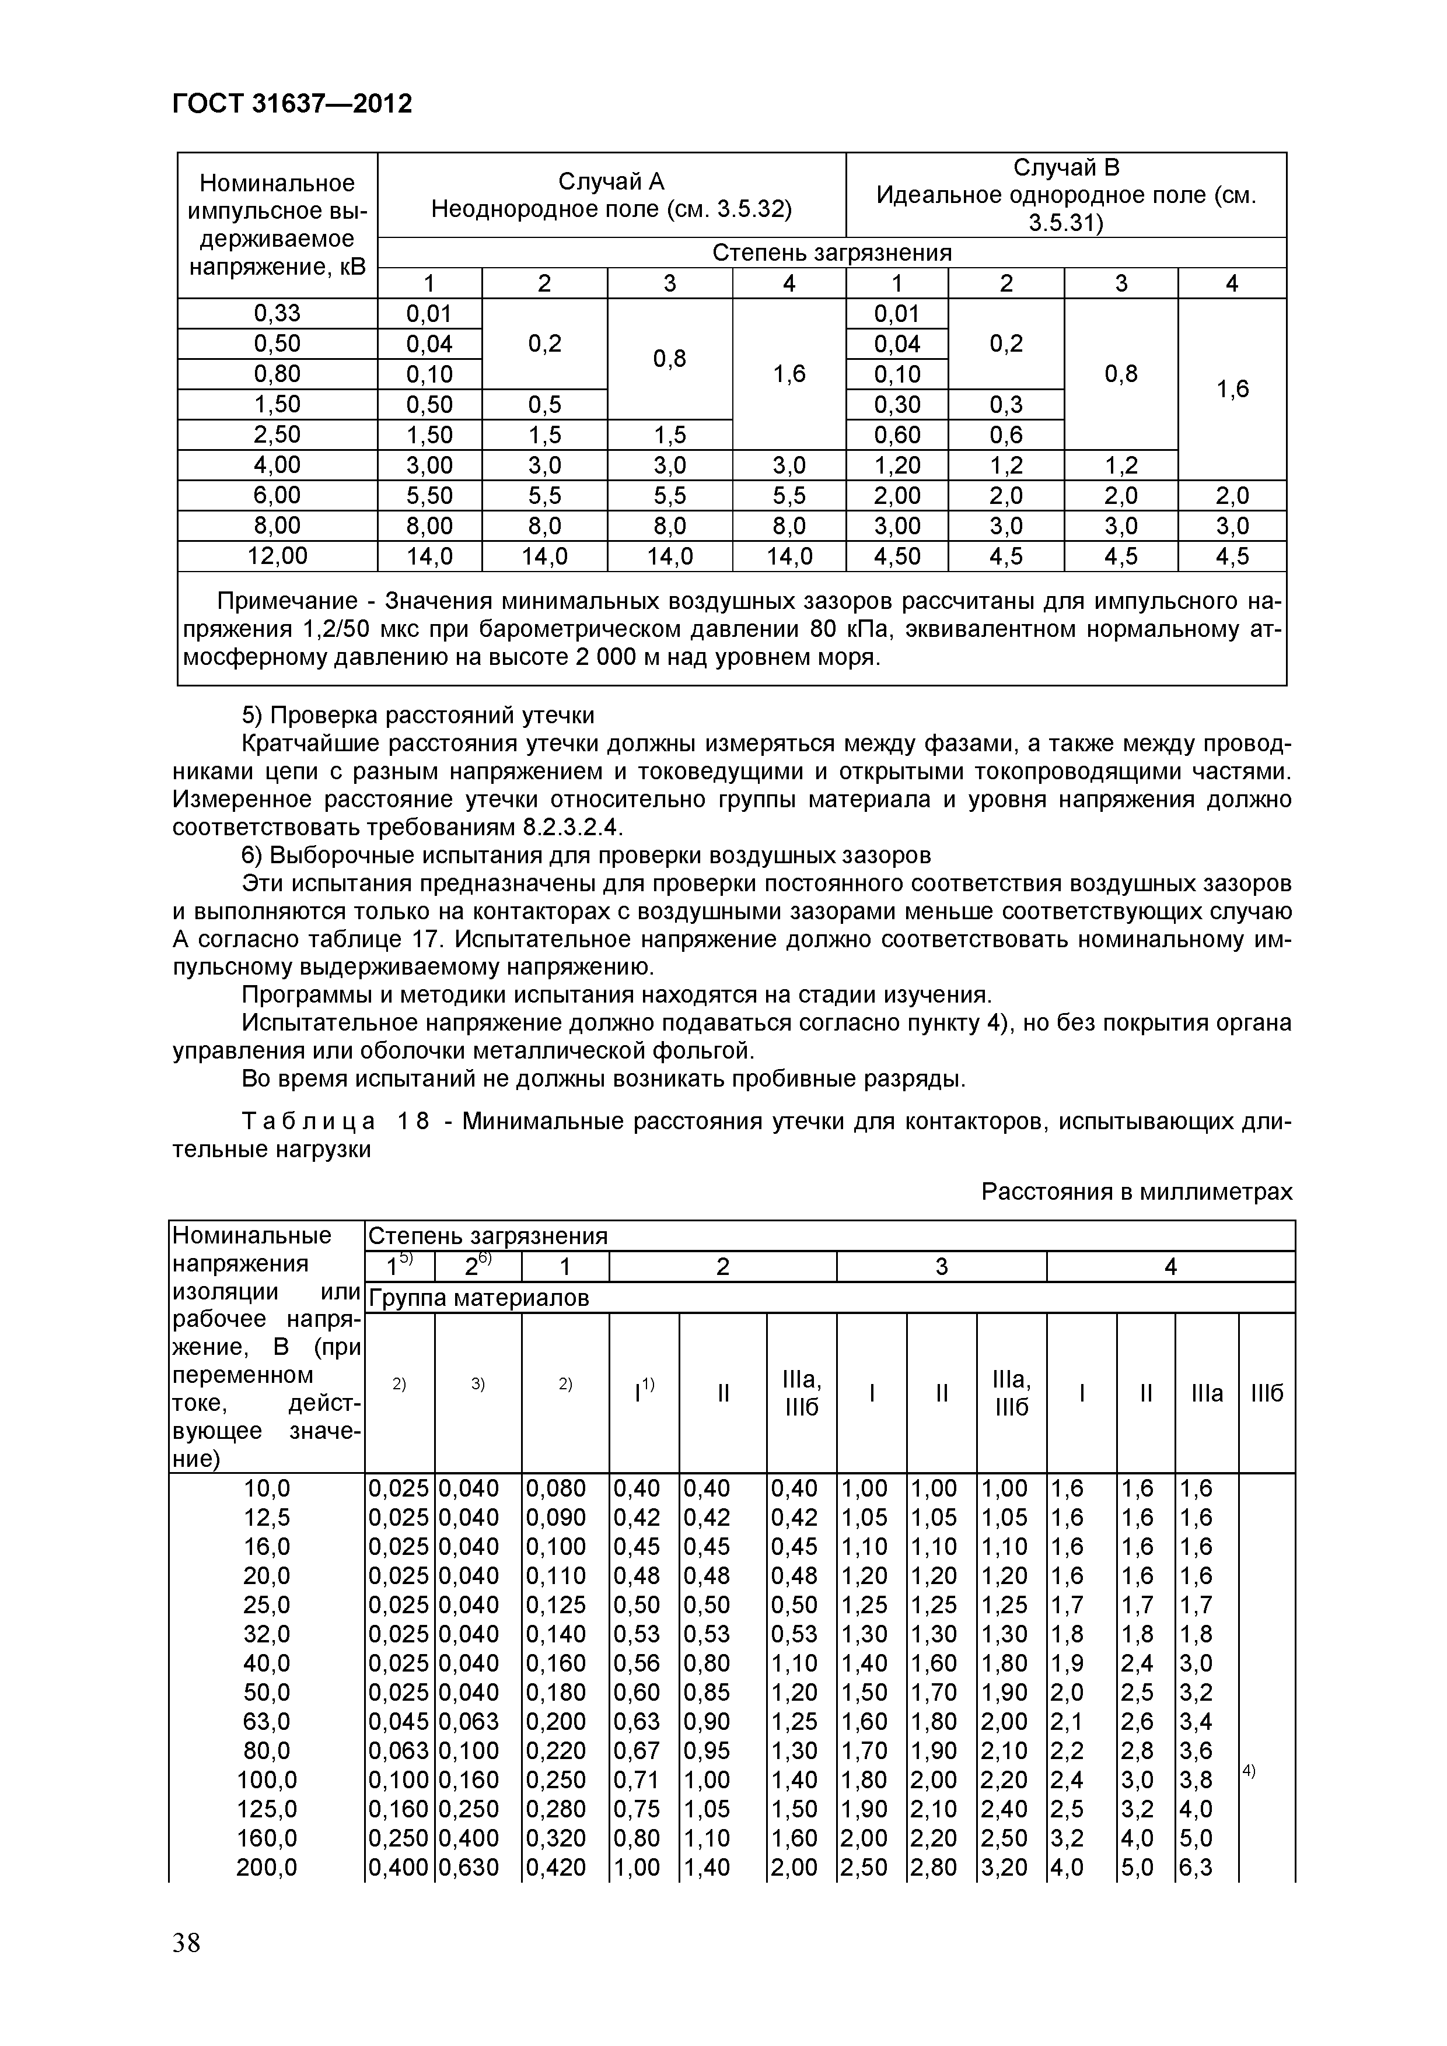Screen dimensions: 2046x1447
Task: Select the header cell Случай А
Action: (x=611, y=182)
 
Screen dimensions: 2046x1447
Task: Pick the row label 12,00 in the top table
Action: (x=277, y=556)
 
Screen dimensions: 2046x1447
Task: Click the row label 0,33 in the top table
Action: (x=277, y=313)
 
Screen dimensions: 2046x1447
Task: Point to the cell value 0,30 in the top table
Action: (x=896, y=405)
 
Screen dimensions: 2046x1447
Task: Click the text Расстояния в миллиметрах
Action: (x=1136, y=1192)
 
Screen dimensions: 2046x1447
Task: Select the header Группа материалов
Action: (x=479, y=1298)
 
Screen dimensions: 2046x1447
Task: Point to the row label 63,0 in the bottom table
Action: (x=267, y=1722)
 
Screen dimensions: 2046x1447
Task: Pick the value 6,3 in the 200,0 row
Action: (x=1195, y=1867)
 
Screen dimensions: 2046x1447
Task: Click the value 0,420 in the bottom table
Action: (x=555, y=1867)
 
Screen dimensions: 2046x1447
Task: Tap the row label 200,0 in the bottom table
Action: (x=267, y=1867)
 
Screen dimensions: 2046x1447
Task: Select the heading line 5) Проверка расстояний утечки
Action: (x=418, y=716)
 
